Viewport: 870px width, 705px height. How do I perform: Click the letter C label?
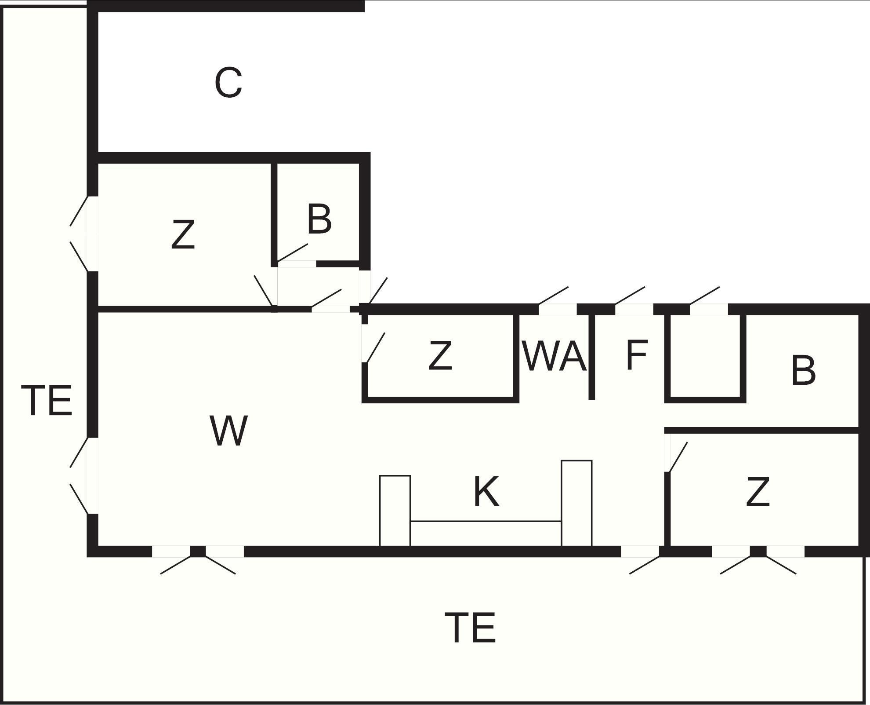point(228,83)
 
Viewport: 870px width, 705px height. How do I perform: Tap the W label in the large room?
point(228,431)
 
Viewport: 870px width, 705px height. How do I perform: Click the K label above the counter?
point(486,492)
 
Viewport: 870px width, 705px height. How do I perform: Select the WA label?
point(555,356)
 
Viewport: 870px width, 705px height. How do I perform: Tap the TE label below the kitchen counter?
point(470,628)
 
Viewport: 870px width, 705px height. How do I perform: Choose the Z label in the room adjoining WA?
point(440,355)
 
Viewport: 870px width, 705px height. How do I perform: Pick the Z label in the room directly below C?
point(183,235)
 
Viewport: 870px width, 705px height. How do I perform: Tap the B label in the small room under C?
point(319,219)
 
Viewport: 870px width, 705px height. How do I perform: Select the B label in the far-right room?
point(803,371)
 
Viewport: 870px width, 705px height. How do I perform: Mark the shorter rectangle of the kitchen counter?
point(395,510)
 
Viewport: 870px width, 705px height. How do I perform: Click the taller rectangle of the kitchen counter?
point(576,503)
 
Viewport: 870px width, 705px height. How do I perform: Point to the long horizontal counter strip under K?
point(486,533)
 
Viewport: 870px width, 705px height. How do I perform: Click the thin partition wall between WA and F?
point(591,356)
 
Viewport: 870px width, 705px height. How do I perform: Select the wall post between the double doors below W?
point(198,551)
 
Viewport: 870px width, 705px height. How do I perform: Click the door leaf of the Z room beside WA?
point(376,347)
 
